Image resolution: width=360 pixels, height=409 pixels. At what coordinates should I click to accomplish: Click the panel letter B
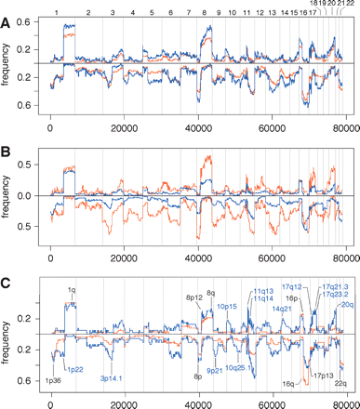pos(7,148)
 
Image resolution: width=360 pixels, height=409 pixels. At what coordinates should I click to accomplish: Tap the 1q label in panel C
pos(72,290)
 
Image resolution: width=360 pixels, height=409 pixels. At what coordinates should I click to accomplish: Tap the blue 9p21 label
pos(215,370)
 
